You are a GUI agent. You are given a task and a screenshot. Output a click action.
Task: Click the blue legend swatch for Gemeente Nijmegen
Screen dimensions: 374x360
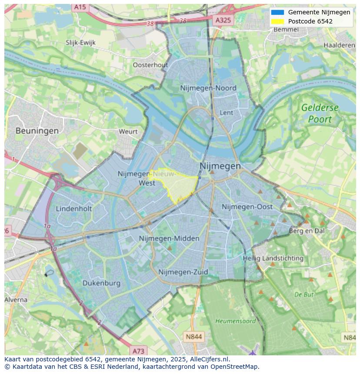(277, 12)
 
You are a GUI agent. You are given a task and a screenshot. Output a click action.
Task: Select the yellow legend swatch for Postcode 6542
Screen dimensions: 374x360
(277, 21)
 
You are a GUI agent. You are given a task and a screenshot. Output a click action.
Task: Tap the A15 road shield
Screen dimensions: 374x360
(80, 7)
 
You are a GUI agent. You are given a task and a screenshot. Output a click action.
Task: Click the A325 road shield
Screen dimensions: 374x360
(224, 20)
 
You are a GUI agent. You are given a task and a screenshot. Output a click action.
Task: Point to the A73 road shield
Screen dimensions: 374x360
(138, 351)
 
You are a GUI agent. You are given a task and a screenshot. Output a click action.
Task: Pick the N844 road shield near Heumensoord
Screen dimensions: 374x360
(193, 337)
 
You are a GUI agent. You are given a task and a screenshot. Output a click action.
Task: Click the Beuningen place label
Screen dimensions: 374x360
(37, 130)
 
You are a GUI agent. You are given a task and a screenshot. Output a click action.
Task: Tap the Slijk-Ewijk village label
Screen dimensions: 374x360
(80, 43)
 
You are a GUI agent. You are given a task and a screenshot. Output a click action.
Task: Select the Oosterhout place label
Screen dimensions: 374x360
(150, 65)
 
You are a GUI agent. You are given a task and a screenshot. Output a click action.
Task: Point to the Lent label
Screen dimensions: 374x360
(227, 113)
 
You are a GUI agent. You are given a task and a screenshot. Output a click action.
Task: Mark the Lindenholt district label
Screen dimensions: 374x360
(74, 209)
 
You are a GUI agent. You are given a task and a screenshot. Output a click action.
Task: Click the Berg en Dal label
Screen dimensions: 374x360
(307, 231)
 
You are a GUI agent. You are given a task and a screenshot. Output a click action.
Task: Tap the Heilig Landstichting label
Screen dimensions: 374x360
(273, 258)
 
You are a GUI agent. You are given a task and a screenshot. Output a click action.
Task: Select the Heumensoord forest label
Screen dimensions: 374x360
(230, 321)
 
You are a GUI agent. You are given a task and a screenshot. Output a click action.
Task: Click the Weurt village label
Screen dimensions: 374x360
(128, 131)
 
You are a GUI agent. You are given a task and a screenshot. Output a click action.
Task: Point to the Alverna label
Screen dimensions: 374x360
(16, 300)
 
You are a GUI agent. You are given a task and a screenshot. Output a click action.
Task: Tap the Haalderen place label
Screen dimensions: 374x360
(339, 45)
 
